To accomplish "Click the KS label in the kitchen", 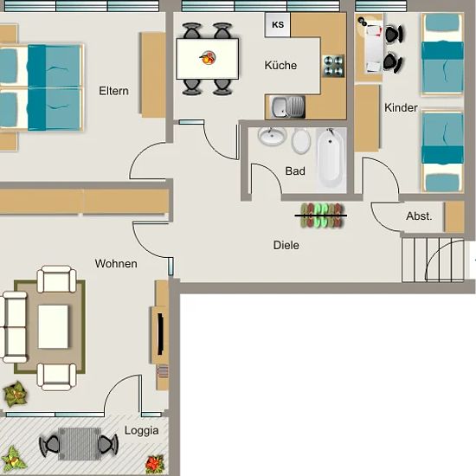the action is [x=278, y=24].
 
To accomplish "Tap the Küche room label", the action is [x=280, y=65].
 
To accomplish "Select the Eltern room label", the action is [x=114, y=91].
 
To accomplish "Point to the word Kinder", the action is [x=401, y=107].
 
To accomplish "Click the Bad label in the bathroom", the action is [x=295, y=170].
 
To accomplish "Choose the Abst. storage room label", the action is [x=419, y=216].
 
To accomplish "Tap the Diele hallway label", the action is [x=286, y=245].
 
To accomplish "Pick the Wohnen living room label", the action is [x=116, y=263].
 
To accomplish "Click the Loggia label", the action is [x=141, y=431].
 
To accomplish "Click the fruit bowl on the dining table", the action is [x=208, y=58].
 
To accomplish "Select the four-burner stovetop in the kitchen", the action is [x=333, y=66].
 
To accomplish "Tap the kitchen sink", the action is [x=287, y=106].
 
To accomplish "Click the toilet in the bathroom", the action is [x=301, y=140].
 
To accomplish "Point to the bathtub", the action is [x=331, y=159].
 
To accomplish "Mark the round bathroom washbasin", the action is [x=272, y=135].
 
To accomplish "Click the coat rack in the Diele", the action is [x=321, y=215].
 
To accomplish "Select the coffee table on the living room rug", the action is [x=53, y=326].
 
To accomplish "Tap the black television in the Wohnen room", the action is [x=160, y=334].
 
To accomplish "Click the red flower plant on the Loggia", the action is [x=155, y=464].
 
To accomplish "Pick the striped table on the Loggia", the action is [x=80, y=443].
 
